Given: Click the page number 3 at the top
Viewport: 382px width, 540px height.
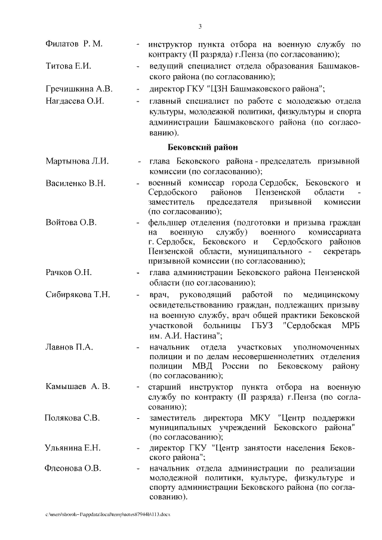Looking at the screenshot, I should [201, 26].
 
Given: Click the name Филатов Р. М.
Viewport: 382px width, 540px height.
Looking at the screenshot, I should [74, 44].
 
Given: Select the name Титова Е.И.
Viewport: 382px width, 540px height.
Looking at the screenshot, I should [68, 66].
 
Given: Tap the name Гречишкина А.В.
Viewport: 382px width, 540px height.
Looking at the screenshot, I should [79, 89].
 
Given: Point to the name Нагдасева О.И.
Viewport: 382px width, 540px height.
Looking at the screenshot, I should [75, 100].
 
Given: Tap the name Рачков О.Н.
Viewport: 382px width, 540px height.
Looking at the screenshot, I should [69, 272].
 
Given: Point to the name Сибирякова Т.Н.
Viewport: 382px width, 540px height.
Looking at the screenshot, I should [78, 294].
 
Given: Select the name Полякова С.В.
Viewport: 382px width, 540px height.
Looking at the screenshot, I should [72, 417].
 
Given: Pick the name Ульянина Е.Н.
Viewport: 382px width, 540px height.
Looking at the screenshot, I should [73, 448].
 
